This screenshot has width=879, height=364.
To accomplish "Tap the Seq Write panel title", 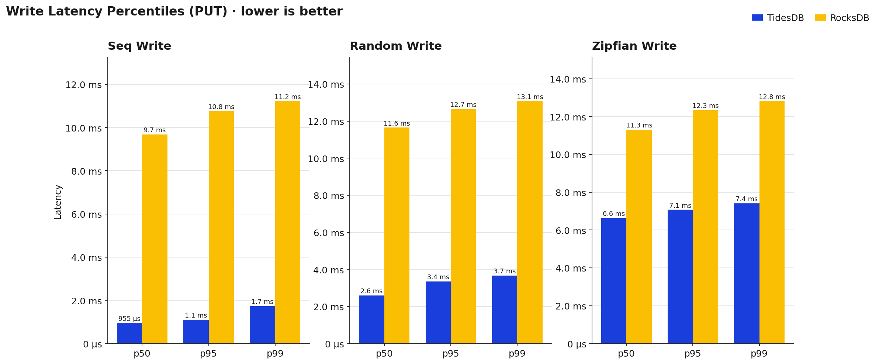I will pos(139,46).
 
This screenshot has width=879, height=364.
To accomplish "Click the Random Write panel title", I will pos(395,46).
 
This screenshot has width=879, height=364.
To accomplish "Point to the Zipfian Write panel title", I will pos(634,46).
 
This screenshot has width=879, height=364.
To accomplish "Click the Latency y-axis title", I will pos(58,202).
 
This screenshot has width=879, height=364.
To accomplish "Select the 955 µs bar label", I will pos(129,319).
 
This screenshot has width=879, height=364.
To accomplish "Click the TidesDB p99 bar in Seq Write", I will pos(262,325).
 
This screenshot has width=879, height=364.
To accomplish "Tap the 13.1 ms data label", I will pos(530,97).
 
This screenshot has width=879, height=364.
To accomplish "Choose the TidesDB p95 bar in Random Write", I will pos(438,312).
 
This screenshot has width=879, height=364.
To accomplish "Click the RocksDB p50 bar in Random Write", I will pos(397,235).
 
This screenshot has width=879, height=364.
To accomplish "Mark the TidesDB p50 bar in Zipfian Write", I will pos(613,281).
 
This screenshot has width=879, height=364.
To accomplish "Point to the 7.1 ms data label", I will pos(680,206).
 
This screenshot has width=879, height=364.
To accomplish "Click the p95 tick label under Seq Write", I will pos(208,354).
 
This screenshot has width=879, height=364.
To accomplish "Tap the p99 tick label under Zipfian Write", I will pos(759,354).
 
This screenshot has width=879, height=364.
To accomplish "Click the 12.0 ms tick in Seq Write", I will pos(83,85).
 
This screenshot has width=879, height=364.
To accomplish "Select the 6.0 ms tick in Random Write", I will pos(328,233).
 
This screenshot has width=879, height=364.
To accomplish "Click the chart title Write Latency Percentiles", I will pos(174,11).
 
